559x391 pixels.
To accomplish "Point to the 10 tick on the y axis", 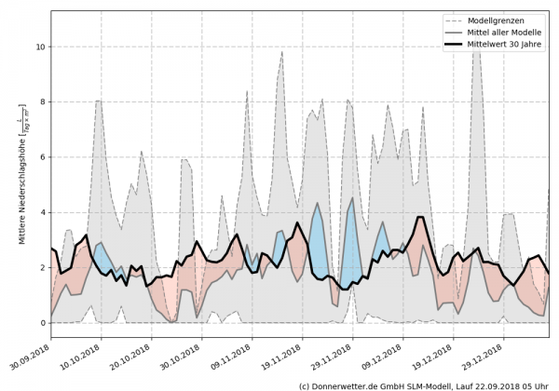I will click(39, 46).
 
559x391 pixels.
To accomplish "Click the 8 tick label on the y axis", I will click(41, 101).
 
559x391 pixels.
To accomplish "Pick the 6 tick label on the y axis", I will click(41, 157).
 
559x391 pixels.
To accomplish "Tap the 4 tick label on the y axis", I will click(41, 212).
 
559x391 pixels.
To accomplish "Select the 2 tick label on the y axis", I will click(41, 268).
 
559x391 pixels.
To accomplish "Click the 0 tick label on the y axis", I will click(41, 323).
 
